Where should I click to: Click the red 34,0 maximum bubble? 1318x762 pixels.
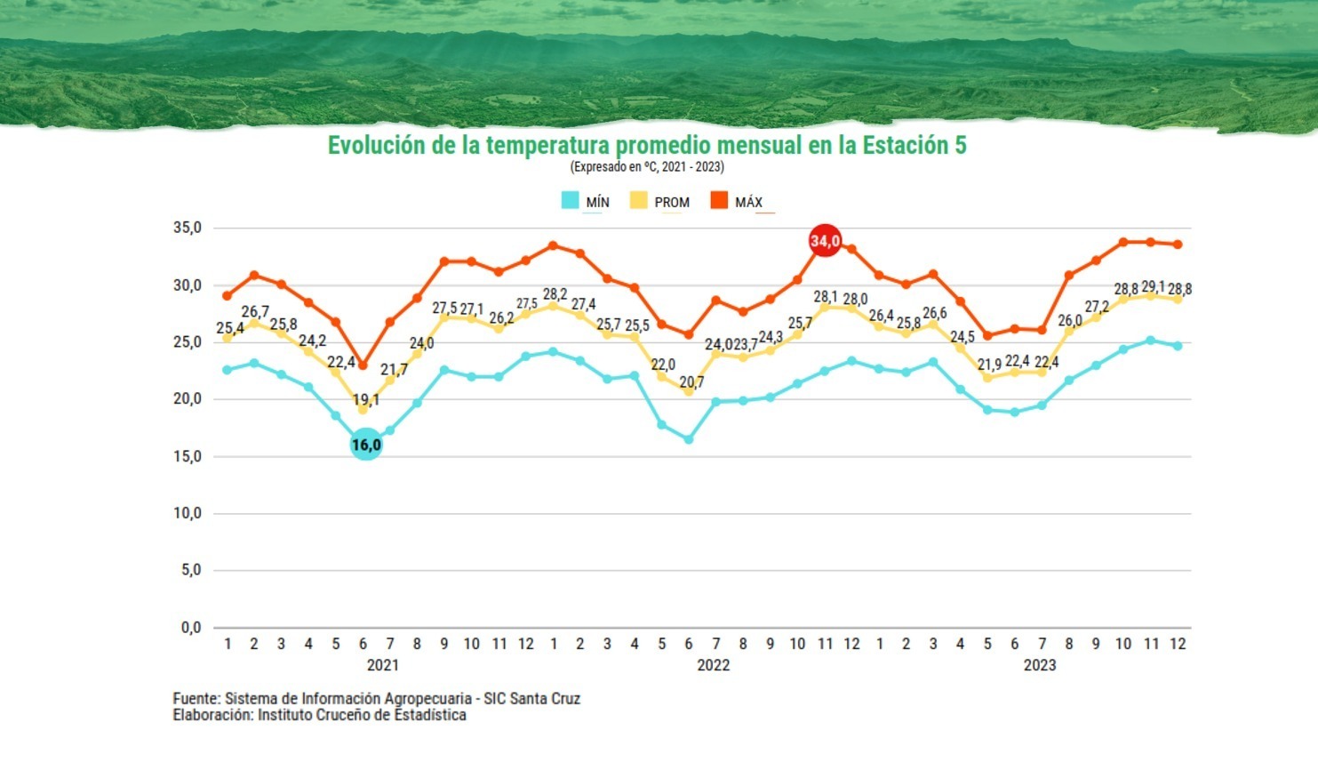825,241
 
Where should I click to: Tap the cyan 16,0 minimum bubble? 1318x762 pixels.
366,445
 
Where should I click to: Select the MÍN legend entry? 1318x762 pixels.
587,202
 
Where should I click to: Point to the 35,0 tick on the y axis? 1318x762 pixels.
188,229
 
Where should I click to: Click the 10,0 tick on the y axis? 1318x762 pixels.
188,514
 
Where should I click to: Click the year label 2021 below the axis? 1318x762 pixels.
383,665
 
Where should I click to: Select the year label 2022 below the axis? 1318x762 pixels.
713,665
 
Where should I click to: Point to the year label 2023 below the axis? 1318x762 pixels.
1040,665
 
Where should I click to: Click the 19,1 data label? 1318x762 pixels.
365,400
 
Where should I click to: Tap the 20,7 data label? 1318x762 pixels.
691,382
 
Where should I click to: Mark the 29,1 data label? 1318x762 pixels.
1153,287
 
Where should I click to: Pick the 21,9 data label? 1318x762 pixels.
989,365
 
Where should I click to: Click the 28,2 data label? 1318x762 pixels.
555,294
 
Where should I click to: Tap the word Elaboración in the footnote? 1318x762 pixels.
212,715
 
